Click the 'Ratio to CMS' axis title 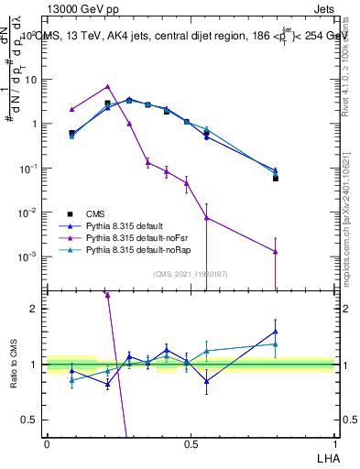coord(14,364)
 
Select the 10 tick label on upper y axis coord(29,80)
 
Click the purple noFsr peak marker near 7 coord(108,87)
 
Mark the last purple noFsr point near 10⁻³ coord(276,252)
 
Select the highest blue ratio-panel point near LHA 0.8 coord(276,332)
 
